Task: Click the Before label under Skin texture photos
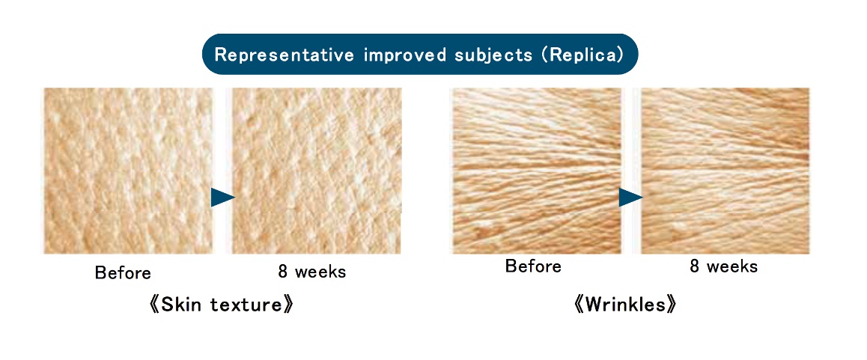click(x=123, y=272)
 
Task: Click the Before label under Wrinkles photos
click(x=533, y=266)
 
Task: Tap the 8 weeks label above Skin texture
click(x=312, y=272)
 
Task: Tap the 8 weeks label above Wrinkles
click(x=723, y=266)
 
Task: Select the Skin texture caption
click(x=221, y=305)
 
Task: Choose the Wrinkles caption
click(x=625, y=305)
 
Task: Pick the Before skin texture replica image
click(x=128, y=171)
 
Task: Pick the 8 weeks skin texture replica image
click(x=317, y=171)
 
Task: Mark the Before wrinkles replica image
click(x=537, y=171)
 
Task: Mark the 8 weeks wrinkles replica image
click(x=725, y=171)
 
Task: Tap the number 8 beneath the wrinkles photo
click(x=695, y=266)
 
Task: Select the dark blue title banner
click(x=420, y=54)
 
